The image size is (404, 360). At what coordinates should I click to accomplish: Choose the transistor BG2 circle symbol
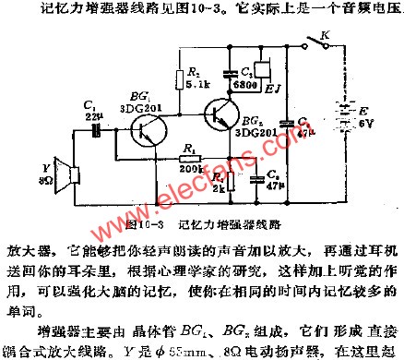228,113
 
